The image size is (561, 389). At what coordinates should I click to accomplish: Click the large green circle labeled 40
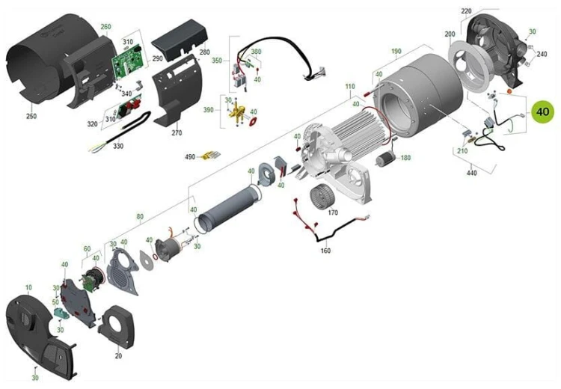coord(542,111)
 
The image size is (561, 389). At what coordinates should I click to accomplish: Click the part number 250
coord(31,116)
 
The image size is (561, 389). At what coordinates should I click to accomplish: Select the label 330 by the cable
coord(117,146)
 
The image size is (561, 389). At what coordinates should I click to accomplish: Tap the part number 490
coord(190,157)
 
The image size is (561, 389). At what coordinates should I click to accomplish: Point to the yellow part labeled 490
coord(212,155)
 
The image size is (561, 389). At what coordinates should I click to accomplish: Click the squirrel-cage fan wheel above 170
coord(322,196)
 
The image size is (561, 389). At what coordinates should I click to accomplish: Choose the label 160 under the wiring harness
coord(325,251)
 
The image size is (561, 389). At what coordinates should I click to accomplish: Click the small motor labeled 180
coord(385,158)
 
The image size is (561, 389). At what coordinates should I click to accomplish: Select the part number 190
coord(396,52)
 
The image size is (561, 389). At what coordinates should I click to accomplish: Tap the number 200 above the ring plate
coord(450,34)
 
